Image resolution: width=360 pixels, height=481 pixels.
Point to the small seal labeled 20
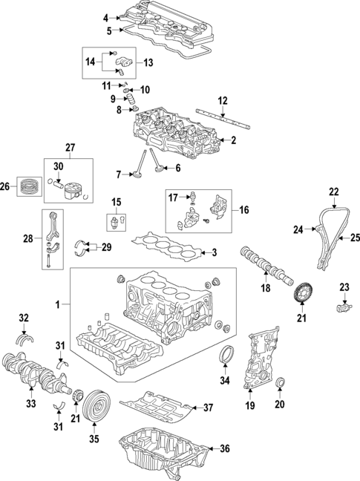(x=281, y=383)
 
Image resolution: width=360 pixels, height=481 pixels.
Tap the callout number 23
(x=344, y=287)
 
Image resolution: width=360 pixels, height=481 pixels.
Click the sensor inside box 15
(x=116, y=221)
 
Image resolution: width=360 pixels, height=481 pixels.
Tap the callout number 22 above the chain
(x=334, y=191)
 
